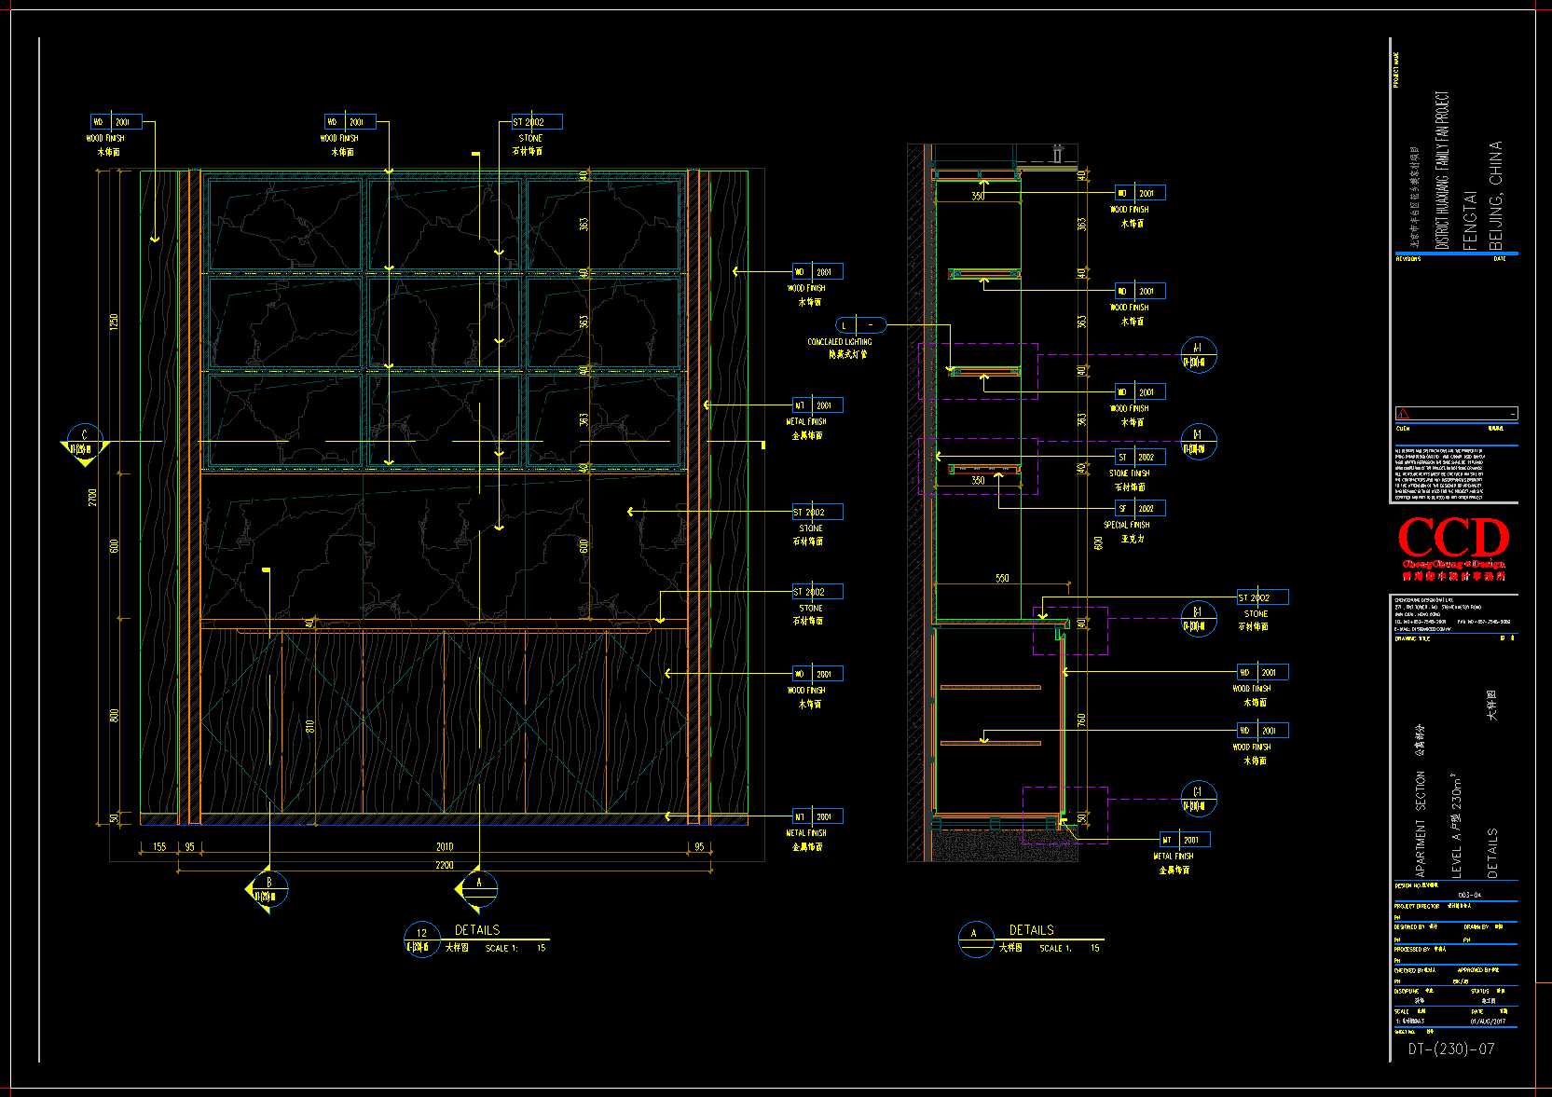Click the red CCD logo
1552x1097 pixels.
click(x=1453, y=541)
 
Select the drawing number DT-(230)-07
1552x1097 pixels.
click(x=1450, y=1049)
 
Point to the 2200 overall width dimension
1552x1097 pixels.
click(x=445, y=865)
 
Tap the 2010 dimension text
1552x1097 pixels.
click(x=445, y=846)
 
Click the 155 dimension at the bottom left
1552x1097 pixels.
click(x=159, y=846)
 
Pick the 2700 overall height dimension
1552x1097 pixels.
click(x=92, y=498)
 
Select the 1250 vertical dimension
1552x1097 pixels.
click(x=115, y=321)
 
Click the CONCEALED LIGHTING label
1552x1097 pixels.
click(x=840, y=342)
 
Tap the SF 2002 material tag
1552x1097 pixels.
click(x=1139, y=509)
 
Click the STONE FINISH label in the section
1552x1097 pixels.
click(x=1129, y=473)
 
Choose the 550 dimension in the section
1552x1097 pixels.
click(x=1002, y=578)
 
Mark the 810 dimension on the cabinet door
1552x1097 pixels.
click(x=310, y=725)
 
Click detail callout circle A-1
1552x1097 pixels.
click(x=1198, y=355)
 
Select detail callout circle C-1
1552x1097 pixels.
click(x=1198, y=799)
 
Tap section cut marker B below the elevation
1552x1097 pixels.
click(x=268, y=889)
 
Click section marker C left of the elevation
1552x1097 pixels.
click(x=85, y=442)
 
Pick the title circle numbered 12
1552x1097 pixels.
click(x=421, y=939)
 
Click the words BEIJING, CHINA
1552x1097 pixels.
click(x=1495, y=196)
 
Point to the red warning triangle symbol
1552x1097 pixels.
click(x=1404, y=414)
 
